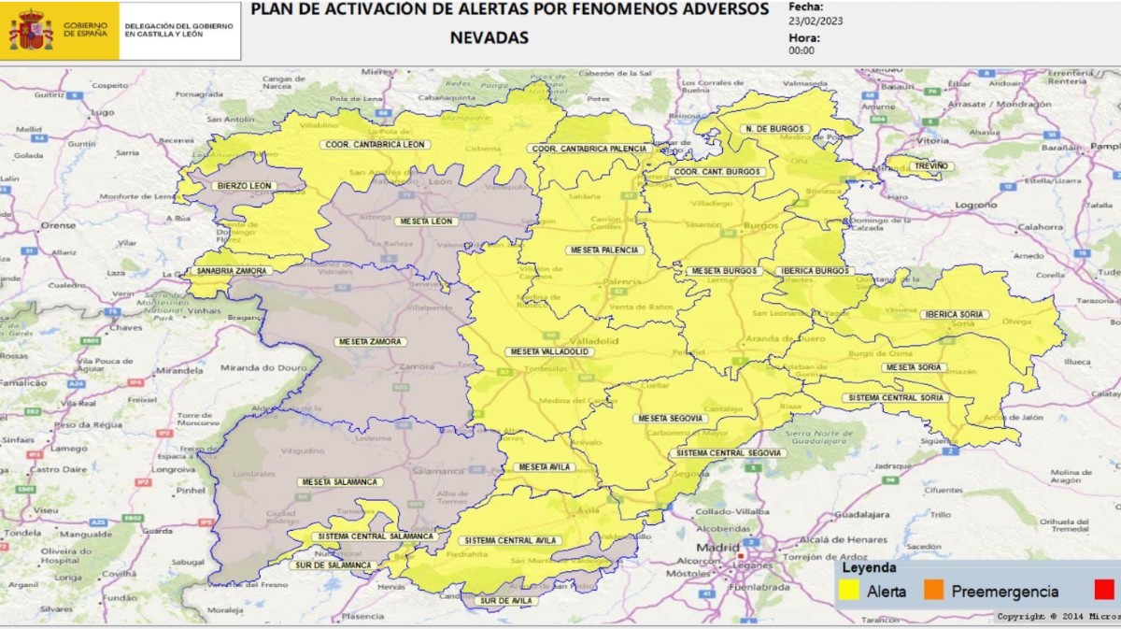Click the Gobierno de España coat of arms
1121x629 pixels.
coord(31,31)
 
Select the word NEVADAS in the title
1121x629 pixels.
coord(489,38)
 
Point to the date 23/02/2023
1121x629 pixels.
coord(816,20)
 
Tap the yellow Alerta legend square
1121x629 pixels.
coord(849,590)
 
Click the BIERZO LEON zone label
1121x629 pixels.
coord(244,186)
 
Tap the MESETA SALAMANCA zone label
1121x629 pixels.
coord(339,482)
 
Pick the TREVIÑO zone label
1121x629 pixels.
coord(930,165)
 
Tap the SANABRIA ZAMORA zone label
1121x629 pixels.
coord(233,271)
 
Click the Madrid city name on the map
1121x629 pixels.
coord(717,548)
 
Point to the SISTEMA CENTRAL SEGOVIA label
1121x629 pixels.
coord(726,453)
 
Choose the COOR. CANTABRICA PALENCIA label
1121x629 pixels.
coord(589,149)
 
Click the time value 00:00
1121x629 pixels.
coord(802,50)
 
